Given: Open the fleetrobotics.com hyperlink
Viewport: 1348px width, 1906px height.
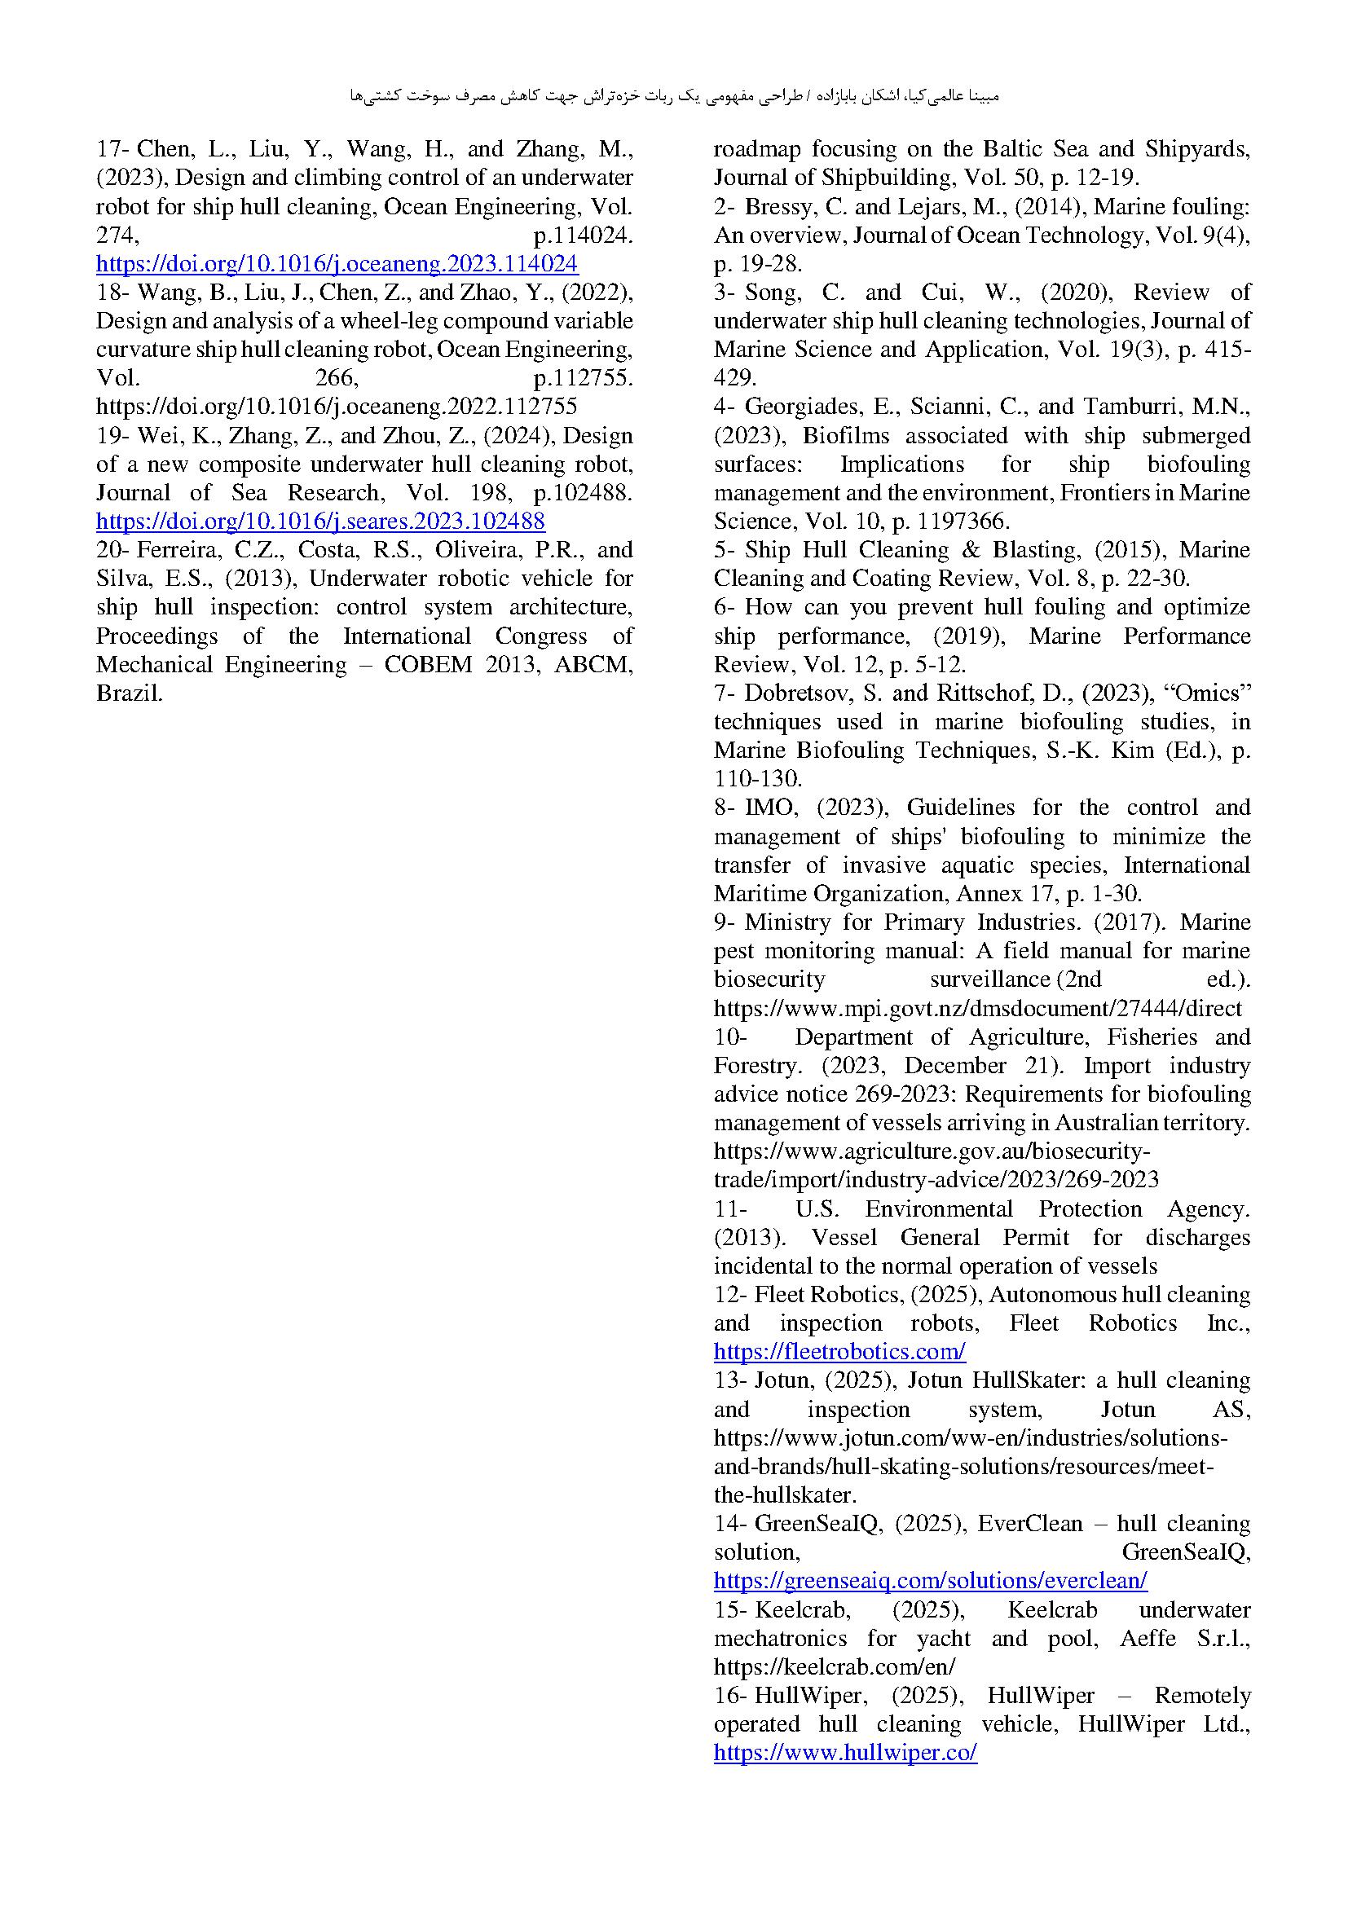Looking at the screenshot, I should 839,1351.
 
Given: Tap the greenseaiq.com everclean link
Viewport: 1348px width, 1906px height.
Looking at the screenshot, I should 930,1580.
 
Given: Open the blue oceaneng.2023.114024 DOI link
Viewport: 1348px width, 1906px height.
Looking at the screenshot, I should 337,264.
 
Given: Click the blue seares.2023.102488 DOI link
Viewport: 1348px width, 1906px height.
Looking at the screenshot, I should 320,522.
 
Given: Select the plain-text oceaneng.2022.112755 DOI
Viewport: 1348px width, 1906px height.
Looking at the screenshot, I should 337,407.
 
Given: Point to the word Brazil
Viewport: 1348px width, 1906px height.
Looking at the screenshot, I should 129,693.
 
